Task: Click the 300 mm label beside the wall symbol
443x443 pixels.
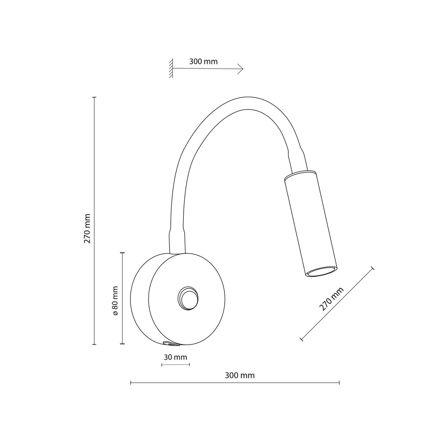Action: tap(203, 61)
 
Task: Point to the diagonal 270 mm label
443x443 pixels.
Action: tap(331, 299)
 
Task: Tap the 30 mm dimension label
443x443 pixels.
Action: tap(175, 357)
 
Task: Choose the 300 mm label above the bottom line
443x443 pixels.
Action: tap(239, 376)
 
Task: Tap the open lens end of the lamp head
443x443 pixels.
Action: tap(321, 272)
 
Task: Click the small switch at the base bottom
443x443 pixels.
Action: tap(171, 344)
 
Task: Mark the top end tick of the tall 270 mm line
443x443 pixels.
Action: tap(94, 97)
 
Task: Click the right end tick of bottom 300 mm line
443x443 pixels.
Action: tap(339, 383)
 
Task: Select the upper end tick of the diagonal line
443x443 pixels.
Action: tap(372, 268)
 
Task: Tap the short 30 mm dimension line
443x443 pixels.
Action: tap(176, 365)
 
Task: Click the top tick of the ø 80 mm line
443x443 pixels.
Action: tap(122, 253)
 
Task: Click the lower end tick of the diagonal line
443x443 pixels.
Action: tap(302, 338)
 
